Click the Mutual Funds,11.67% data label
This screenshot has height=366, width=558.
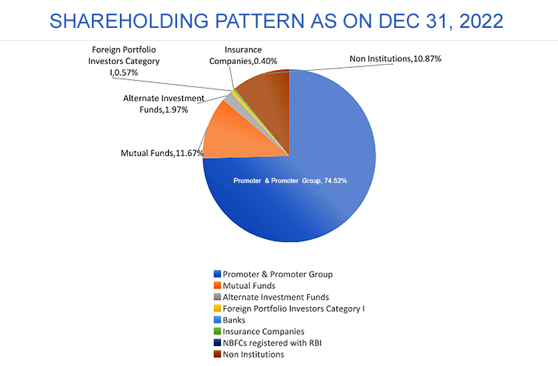162,153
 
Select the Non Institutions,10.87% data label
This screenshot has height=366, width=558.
396,59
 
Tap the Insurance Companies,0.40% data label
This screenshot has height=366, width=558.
243,55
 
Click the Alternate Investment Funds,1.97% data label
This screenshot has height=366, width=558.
164,104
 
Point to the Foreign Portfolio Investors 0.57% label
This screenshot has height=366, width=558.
123,61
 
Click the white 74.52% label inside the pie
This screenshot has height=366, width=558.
290,181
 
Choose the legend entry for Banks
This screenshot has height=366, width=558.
230,320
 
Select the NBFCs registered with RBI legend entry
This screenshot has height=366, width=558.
268,343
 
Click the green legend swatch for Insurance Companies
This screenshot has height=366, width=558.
218,331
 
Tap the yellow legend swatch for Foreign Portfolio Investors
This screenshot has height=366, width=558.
218,308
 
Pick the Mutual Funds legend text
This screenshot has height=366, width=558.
249,285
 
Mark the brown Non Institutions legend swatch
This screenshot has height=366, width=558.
218,354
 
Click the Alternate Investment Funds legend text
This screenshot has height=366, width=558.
276,297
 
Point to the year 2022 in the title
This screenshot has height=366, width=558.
481,21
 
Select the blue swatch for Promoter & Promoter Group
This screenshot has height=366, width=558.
218,274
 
